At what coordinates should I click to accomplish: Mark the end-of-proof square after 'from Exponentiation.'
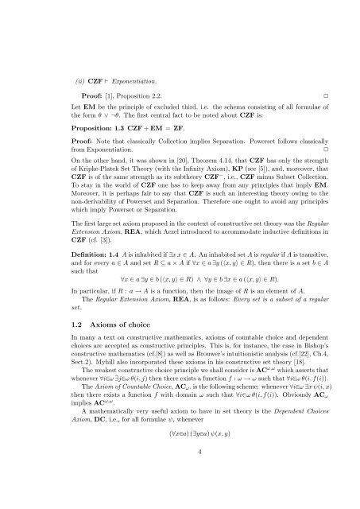tap(315, 149)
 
